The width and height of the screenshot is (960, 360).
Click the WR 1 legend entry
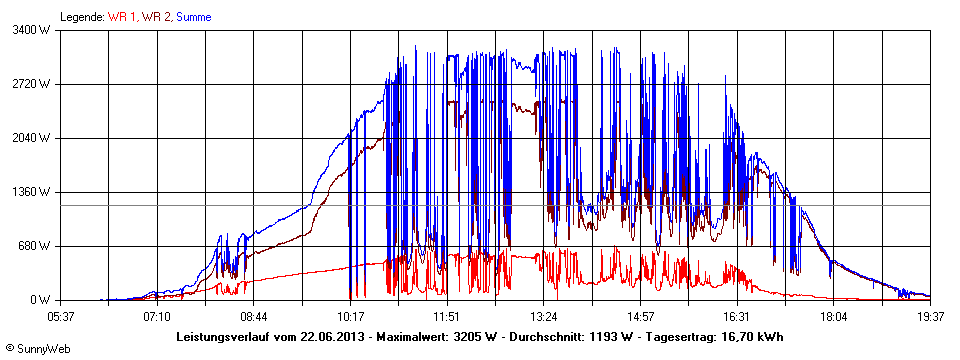pyautogui.click(x=123, y=17)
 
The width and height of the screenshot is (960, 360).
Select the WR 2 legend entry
pyautogui.click(x=156, y=17)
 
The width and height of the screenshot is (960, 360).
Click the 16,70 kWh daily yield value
pyautogui.click(x=752, y=336)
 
